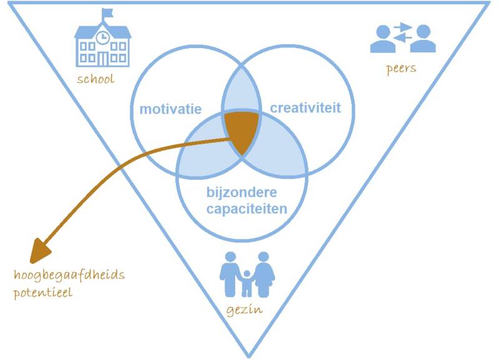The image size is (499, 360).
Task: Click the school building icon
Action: [103, 46]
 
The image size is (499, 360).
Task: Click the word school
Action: [95, 79]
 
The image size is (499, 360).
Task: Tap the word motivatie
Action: [170, 109]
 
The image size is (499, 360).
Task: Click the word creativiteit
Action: [306, 108]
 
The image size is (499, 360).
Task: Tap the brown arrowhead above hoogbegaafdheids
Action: [41, 250]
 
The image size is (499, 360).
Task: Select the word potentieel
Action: [42, 291]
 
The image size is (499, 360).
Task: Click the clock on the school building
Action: [103, 38]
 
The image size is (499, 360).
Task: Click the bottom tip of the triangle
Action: [248, 355]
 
